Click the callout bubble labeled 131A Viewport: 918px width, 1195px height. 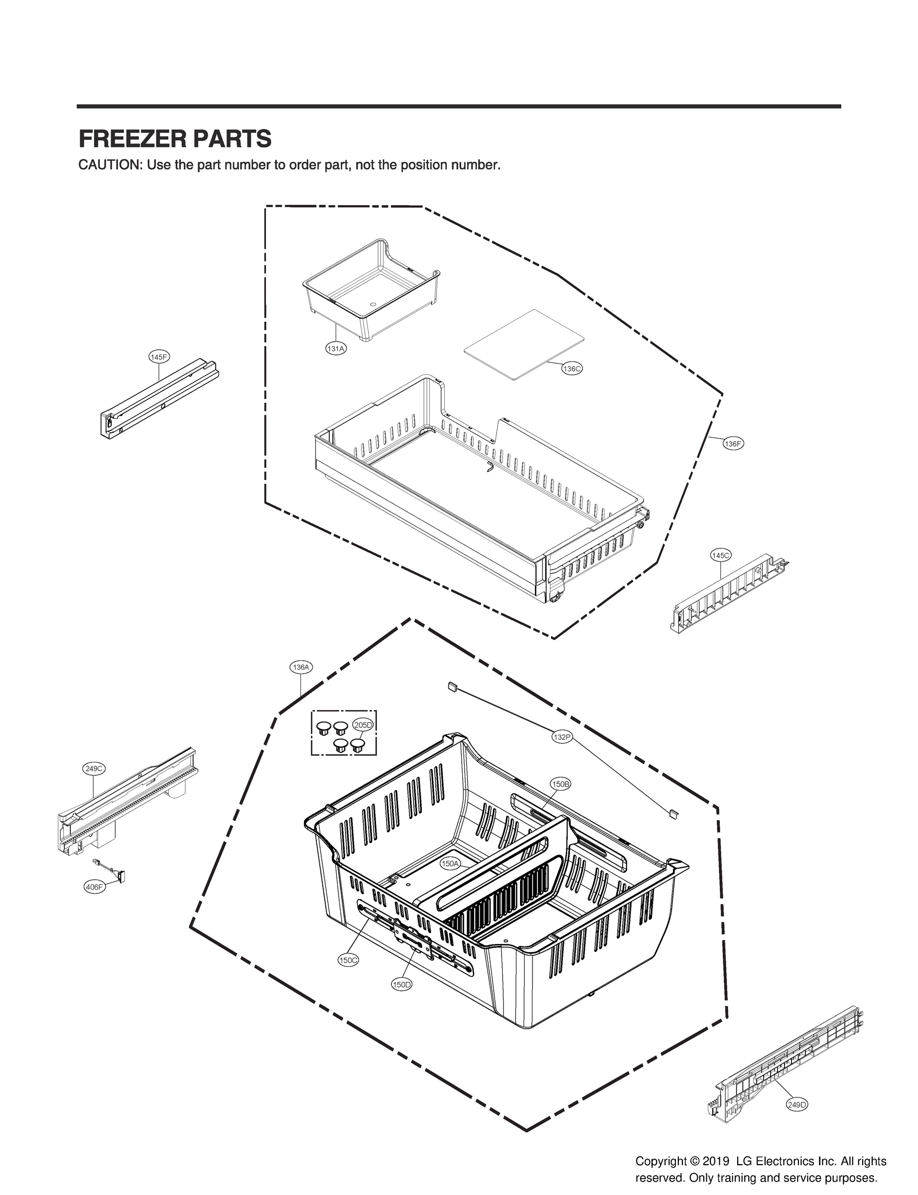click(335, 349)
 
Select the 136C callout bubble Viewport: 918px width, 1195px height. click(571, 368)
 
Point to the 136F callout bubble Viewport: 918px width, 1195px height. click(733, 444)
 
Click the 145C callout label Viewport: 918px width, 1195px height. click(720, 556)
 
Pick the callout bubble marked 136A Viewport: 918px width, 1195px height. click(300, 667)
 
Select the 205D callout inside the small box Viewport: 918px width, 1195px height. click(363, 725)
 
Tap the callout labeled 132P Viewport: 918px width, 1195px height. click(562, 737)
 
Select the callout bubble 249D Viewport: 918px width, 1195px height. click(796, 1104)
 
